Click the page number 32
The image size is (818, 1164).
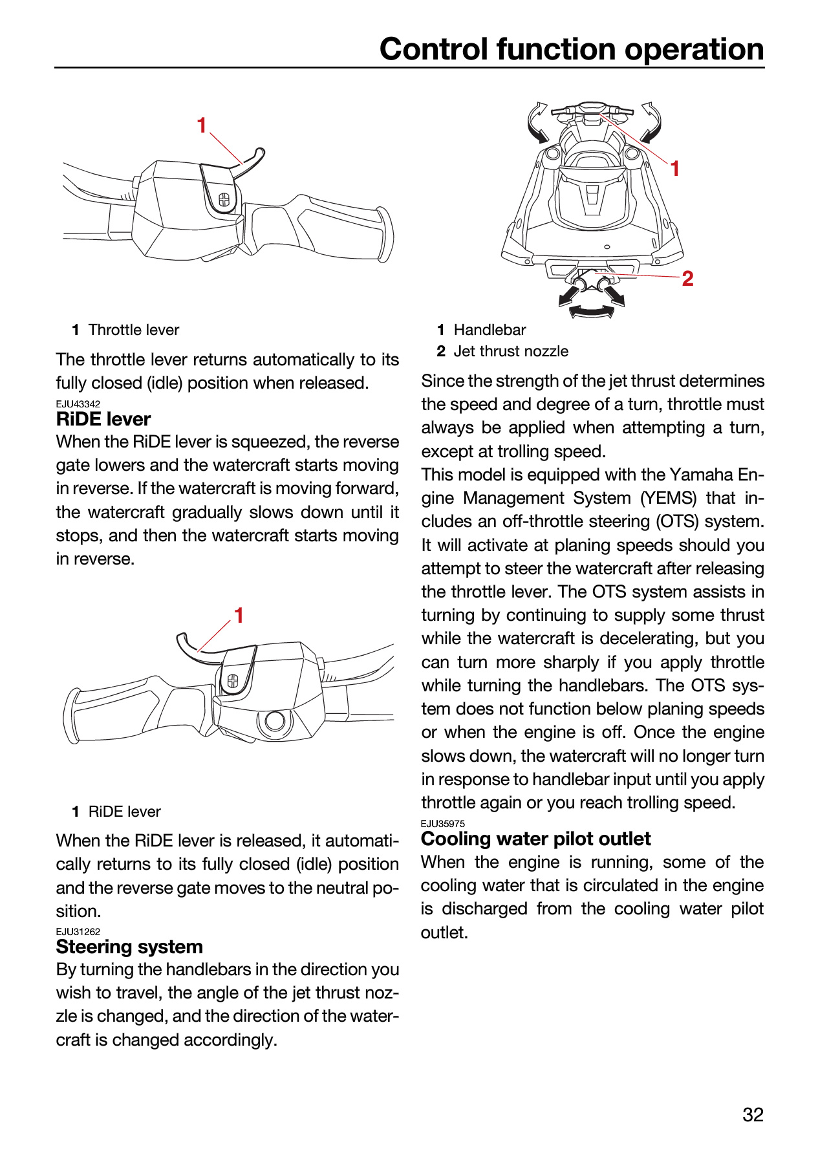click(753, 1114)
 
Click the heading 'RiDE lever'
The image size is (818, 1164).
click(103, 419)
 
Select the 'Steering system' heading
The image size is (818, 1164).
click(129, 947)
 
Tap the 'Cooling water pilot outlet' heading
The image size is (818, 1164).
click(535, 839)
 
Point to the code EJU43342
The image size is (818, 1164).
click(78, 404)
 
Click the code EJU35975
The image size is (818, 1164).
click(443, 824)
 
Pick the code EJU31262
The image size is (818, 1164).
click(78, 932)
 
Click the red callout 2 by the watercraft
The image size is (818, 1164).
click(687, 279)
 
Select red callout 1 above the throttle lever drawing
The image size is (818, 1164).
click(202, 125)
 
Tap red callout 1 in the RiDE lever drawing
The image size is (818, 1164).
click(239, 615)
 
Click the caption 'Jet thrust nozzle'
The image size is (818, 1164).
click(511, 351)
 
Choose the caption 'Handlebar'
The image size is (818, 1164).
click(490, 330)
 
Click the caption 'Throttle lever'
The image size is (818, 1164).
click(134, 330)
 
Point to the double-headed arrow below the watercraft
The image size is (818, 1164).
click(591, 312)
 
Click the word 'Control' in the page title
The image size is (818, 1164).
click(434, 49)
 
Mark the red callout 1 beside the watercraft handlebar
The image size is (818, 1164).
click(674, 169)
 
